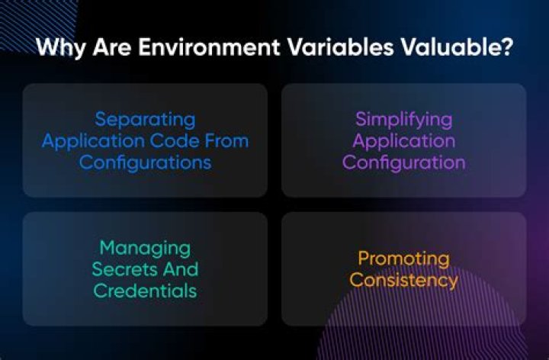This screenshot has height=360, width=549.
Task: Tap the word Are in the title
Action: (110, 47)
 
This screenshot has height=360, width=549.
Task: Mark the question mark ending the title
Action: (506, 47)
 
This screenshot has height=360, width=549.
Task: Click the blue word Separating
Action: (145, 120)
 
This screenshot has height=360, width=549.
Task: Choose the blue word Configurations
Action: (145, 162)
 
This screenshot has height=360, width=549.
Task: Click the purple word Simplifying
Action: (403, 120)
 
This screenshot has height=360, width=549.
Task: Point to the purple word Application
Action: (403, 141)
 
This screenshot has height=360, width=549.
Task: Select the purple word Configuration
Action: (403, 162)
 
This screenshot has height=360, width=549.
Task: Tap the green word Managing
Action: (145, 248)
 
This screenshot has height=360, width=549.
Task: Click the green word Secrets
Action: (121, 269)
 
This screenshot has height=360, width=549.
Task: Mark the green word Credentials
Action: (145, 291)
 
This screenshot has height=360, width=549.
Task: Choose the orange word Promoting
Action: (403, 259)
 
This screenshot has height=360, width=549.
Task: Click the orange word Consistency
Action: (403, 280)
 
